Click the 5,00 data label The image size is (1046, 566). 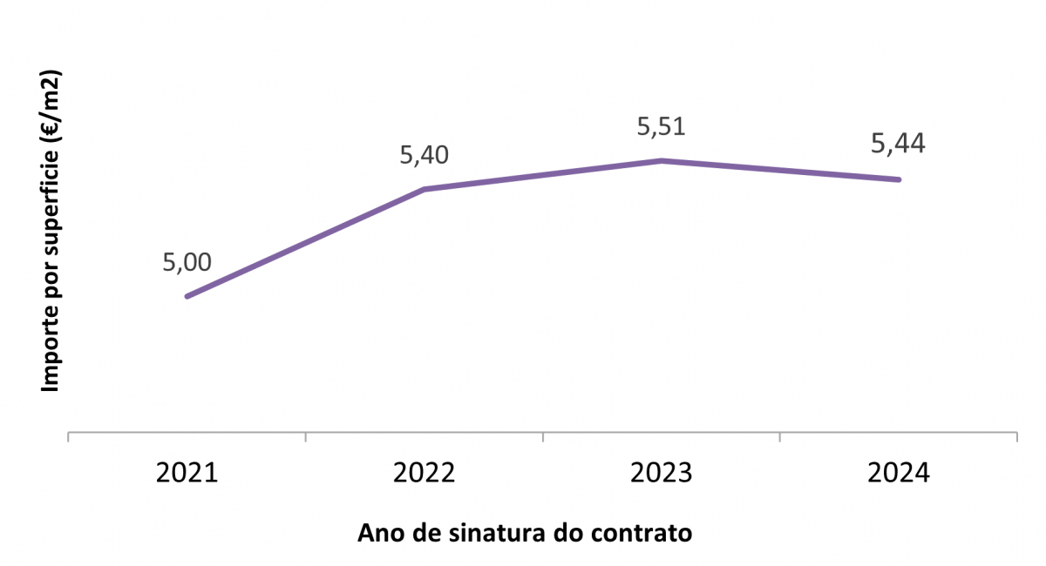click(x=187, y=262)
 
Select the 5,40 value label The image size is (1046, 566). click(x=424, y=155)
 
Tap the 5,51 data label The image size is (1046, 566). click(x=662, y=126)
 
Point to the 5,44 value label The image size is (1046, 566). click(x=899, y=144)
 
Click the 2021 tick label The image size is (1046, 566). click(x=187, y=474)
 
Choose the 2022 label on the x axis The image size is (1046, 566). click(x=424, y=474)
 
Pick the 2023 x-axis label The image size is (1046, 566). click(x=662, y=474)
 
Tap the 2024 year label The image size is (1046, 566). click(x=899, y=474)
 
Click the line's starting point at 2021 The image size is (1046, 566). click(x=187, y=296)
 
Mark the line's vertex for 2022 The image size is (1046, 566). click(x=424, y=189)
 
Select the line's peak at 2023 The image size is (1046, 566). click(x=662, y=160)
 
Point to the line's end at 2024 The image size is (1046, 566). click(x=899, y=179)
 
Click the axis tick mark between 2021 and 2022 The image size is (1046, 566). click(x=306, y=436)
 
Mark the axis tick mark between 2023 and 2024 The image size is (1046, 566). click(x=780, y=436)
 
